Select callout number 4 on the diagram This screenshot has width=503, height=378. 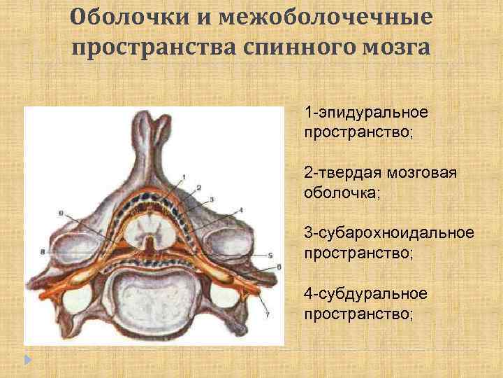tap(240, 209)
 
